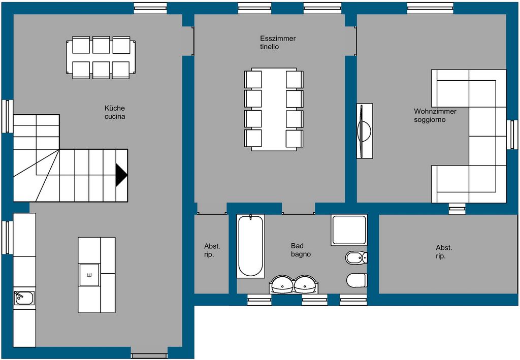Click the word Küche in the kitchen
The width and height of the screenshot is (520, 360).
click(115, 108)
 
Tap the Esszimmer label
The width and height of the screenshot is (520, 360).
click(278, 39)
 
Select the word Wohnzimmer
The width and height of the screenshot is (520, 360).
click(435, 111)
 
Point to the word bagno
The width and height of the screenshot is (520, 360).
click(301, 254)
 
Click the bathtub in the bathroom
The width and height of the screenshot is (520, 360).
click(251, 246)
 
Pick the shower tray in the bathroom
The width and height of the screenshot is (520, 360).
click(349, 230)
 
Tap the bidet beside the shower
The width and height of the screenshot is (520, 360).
click(356, 257)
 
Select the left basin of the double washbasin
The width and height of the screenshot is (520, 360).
click(282, 285)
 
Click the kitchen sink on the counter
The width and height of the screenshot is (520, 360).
click(24, 298)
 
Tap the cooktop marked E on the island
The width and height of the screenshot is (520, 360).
click(89, 275)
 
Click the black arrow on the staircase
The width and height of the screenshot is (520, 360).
click(121, 175)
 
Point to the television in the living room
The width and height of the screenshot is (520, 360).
click(364, 131)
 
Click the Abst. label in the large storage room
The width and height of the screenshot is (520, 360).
click(444, 248)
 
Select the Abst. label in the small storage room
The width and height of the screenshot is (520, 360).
click(212, 246)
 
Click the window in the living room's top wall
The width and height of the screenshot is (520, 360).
click(430, 8)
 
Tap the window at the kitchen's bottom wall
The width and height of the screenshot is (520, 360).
click(149, 356)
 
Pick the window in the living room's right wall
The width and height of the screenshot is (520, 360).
click(513, 135)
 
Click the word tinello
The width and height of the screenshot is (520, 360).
click(269, 47)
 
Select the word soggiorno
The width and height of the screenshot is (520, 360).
click(430, 120)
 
